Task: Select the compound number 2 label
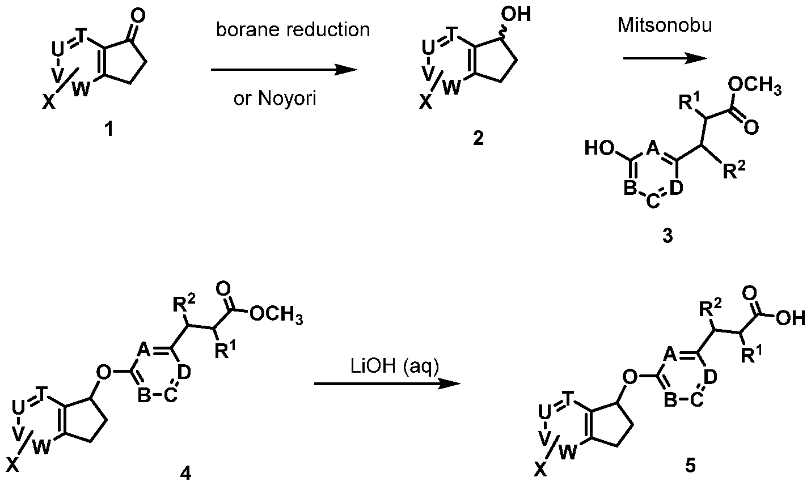(478, 138)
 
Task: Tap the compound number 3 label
(668, 236)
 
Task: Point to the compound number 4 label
(185, 472)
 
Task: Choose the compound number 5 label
(689, 466)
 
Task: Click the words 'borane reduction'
(293, 31)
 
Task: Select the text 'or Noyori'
(274, 99)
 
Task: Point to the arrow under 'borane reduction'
(284, 70)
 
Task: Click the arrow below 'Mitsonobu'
(665, 58)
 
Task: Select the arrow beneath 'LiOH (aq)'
(386, 384)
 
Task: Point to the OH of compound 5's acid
(791, 319)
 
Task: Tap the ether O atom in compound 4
(103, 372)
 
